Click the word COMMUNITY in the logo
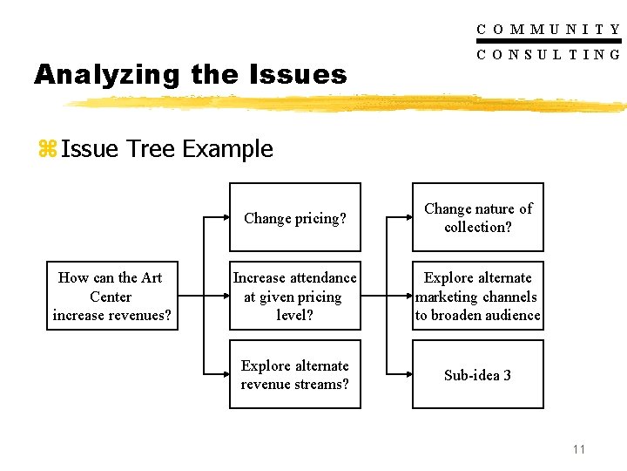[549, 29]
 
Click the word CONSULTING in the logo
[549, 54]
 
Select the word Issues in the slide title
[300, 75]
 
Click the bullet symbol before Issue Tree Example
[46, 149]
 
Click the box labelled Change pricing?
[294, 218]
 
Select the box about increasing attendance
[294, 296]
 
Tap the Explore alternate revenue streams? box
[294, 375]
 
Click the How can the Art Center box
[111, 296]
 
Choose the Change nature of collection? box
[477, 218]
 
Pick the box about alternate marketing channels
[477, 296]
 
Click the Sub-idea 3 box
[477, 375]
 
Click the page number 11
[579, 449]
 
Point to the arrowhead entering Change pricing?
[224, 218]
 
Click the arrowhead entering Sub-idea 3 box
[407, 375]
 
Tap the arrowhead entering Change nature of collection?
[407, 218]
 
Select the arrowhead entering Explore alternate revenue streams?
[224, 375]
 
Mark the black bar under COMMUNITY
[549, 41]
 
